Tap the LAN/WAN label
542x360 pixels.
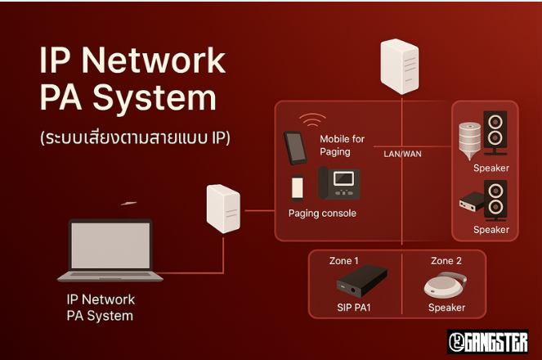coord(403,153)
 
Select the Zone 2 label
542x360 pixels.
coord(446,261)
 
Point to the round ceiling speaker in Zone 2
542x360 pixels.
coord(446,285)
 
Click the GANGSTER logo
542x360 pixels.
coord(487,341)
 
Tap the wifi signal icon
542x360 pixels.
coord(311,120)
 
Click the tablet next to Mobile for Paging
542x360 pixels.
coord(295,147)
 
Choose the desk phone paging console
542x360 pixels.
coord(339,183)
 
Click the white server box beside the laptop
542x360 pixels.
coord(222,209)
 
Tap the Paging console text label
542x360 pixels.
coord(322,214)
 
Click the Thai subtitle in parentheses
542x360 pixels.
coord(135,137)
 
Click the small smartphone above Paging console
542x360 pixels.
coord(298,187)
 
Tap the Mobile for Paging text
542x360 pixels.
coord(342,145)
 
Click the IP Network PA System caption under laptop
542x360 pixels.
coord(101,308)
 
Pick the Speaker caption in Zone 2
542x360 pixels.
coord(446,308)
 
